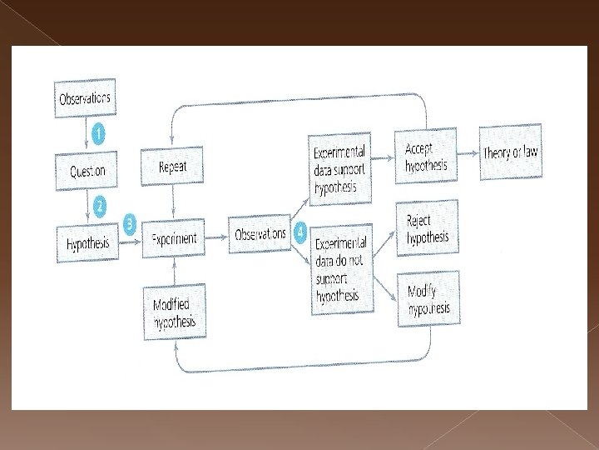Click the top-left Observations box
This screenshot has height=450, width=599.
pyautogui.click(x=83, y=97)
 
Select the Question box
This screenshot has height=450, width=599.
pyautogui.click(x=87, y=170)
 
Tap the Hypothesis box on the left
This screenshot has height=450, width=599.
pyautogui.click(x=87, y=242)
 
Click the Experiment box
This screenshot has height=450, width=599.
pyautogui.click(x=174, y=239)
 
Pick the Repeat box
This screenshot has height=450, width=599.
pyautogui.click(x=172, y=167)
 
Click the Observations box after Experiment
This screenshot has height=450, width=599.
pyautogui.click(x=260, y=234)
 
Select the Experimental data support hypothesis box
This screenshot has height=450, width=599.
pyautogui.click(x=339, y=169)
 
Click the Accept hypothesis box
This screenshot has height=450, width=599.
pyautogui.click(x=425, y=157)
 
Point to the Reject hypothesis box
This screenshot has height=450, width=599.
pyautogui.click(x=428, y=228)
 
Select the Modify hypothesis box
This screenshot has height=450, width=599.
pyautogui.click(x=428, y=300)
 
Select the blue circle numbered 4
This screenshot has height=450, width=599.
pyautogui.click(x=299, y=228)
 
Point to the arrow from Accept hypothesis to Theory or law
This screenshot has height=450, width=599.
pyautogui.click(x=468, y=154)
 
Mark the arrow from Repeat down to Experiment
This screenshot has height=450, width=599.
pyautogui.click(x=173, y=202)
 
